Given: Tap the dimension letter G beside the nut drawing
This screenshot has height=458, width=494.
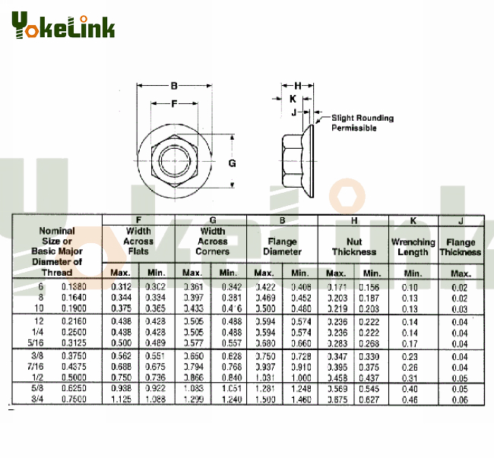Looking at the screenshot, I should click(x=233, y=163).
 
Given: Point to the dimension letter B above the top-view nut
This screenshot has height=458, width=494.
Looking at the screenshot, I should click(x=175, y=85).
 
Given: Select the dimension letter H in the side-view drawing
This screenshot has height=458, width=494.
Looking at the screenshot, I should click(x=298, y=85).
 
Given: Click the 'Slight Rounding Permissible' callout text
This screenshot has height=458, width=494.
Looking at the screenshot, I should click(x=362, y=123).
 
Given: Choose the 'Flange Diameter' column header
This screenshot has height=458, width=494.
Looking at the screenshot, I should click(x=283, y=247).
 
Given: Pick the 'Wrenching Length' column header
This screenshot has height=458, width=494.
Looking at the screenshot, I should click(x=413, y=247).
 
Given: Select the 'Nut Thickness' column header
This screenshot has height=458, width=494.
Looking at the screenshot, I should click(x=353, y=247).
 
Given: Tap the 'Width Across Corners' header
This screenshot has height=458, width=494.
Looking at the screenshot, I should click(x=212, y=242).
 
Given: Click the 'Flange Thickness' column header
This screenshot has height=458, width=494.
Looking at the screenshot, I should click(x=461, y=247).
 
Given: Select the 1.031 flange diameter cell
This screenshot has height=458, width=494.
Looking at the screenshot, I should click(x=264, y=377).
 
